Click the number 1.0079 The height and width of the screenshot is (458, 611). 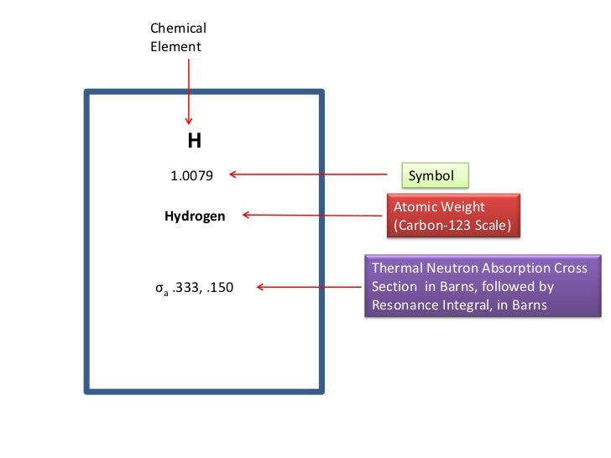coord(192,176)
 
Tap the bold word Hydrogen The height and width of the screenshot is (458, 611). coord(195,216)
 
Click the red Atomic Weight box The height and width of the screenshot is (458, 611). coord(452,216)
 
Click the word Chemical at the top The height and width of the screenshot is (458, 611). coord(178,29)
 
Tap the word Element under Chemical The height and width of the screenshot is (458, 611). coord(175,47)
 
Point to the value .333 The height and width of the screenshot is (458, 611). coord(186,289)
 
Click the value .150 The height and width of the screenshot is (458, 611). coord(220,289)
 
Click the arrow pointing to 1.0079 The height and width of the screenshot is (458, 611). coord(315,174)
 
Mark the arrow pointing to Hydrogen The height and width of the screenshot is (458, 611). coord(315,216)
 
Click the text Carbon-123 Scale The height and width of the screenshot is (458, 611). coord(452,226)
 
